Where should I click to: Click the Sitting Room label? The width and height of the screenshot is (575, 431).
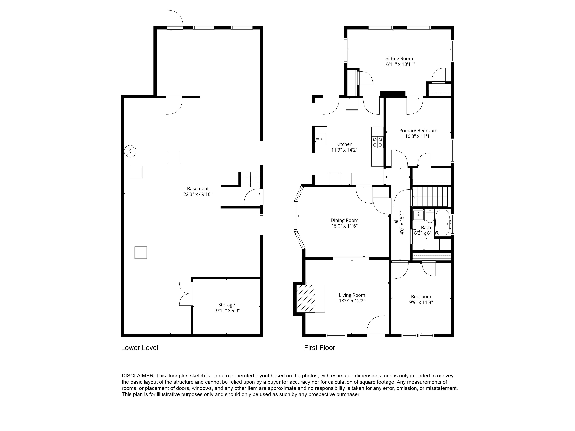399,59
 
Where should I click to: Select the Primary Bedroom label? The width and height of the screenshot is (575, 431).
418,131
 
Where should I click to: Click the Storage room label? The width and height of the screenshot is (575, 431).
226,305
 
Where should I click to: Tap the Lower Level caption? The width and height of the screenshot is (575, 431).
140,348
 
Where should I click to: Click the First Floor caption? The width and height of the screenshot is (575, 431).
319,348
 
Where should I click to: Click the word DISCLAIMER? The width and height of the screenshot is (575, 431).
138,376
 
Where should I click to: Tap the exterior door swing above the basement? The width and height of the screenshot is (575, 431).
174,18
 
